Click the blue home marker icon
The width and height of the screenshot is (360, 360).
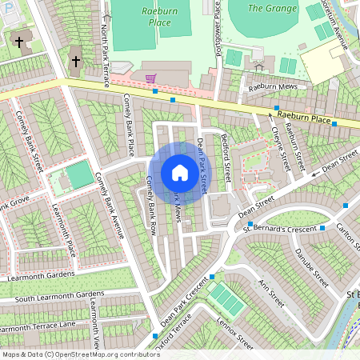click(180, 173)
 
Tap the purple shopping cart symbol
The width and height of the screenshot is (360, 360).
click(150, 78)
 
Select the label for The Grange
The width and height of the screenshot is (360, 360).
click(266, 8)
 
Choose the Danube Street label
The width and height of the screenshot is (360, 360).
click(310, 268)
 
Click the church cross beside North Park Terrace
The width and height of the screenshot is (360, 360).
click(76, 62)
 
